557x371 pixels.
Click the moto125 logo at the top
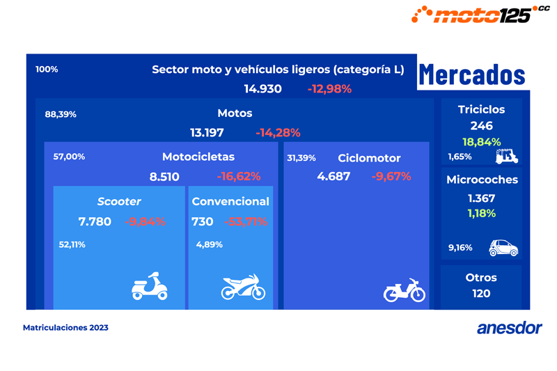tap(480, 13)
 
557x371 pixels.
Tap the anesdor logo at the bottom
tap(509, 328)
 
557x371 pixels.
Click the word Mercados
tap(471, 74)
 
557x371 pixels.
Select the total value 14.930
tap(262, 89)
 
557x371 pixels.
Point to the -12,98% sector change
tap(329, 89)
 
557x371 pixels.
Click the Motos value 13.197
tap(208, 132)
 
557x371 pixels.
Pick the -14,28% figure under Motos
tap(278, 132)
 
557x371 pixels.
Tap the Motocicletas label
tap(198, 157)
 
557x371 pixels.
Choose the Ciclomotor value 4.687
tap(334, 176)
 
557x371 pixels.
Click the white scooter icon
tap(150, 286)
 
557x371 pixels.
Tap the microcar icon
tap(503, 247)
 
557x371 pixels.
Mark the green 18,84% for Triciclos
tap(481, 142)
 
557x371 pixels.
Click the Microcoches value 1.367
tap(481, 198)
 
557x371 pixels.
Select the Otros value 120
tap(481, 294)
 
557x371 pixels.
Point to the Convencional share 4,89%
tap(210, 244)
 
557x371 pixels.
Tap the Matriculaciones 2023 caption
tap(65, 327)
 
